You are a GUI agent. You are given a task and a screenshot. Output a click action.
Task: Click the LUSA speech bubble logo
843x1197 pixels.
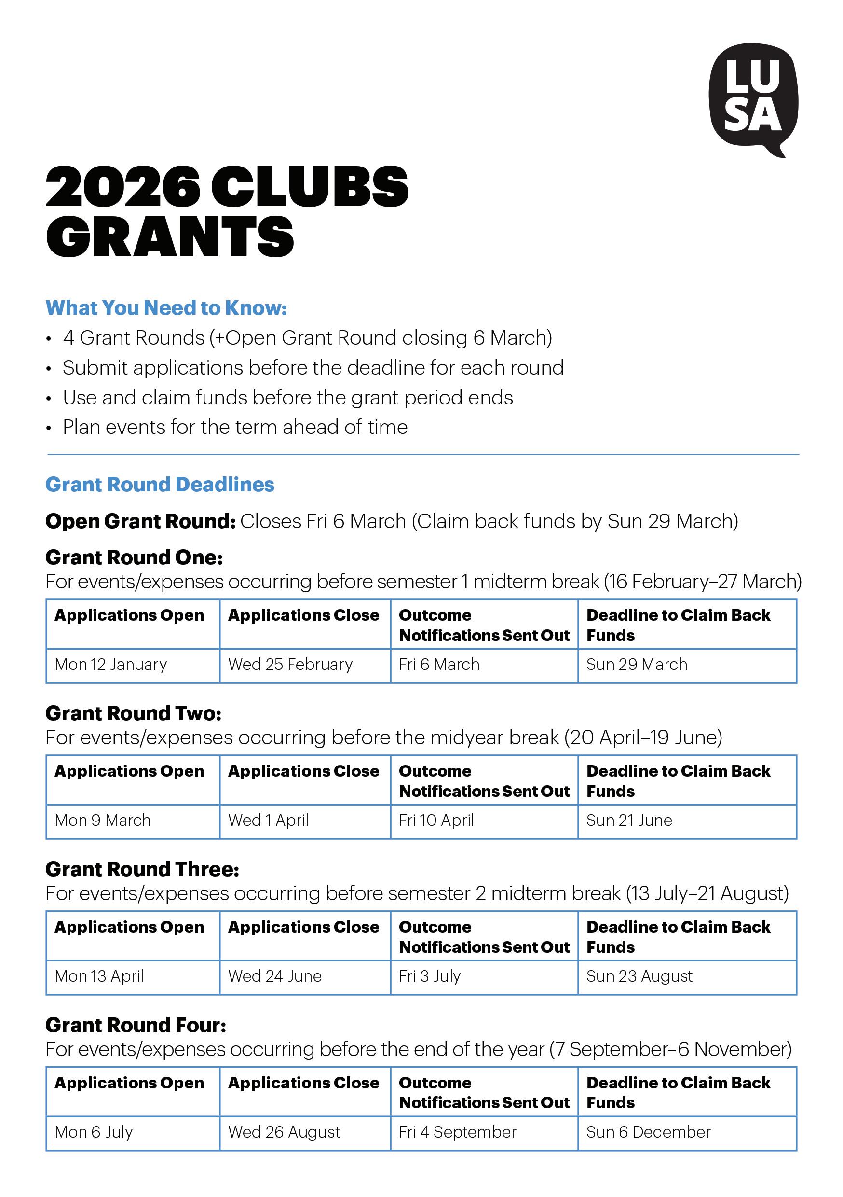click(x=753, y=99)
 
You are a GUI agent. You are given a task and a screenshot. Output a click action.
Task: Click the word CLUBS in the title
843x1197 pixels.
click(x=310, y=187)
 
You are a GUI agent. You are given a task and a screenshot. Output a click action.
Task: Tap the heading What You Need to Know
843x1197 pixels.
click(x=166, y=308)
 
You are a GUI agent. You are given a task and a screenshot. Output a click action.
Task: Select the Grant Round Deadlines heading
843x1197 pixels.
click(x=160, y=485)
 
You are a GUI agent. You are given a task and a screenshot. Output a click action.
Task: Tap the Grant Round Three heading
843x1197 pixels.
click(x=142, y=870)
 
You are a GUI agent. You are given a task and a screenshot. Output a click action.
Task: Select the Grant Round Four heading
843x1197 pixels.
click(x=136, y=1026)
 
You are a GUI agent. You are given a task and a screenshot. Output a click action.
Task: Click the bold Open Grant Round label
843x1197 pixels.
click(x=141, y=521)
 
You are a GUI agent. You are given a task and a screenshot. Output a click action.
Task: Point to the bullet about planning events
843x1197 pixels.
click(x=235, y=428)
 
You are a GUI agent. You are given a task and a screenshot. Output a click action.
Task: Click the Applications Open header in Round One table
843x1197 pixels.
click(x=129, y=616)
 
